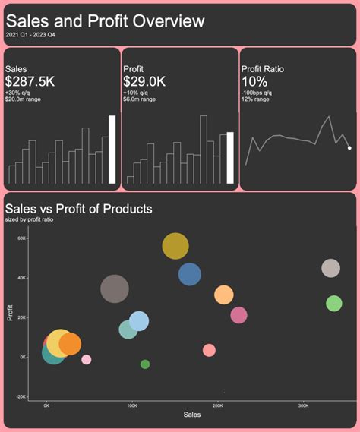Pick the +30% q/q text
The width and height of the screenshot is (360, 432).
[x=21, y=93]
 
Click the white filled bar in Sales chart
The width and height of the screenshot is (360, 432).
[x=112, y=150]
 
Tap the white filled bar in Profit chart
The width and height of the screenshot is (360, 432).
[x=230, y=158]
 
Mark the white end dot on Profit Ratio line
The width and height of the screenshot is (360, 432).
[x=349, y=148]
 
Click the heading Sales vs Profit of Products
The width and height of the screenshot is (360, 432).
[x=78, y=209]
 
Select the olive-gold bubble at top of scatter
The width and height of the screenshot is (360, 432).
[x=175, y=245]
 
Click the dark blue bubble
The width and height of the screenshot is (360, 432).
[x=190, y=274]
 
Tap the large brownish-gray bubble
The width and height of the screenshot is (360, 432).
[x=115, y=289]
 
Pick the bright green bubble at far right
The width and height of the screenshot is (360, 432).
[x=334, y=304]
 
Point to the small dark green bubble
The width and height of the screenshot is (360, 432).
[x=145, y=364]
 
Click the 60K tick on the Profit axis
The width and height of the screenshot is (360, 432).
[x=22, y=238]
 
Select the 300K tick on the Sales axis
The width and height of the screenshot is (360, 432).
[x=303, y=405]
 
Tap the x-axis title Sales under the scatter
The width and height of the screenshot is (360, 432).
[x=192, y=415]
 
